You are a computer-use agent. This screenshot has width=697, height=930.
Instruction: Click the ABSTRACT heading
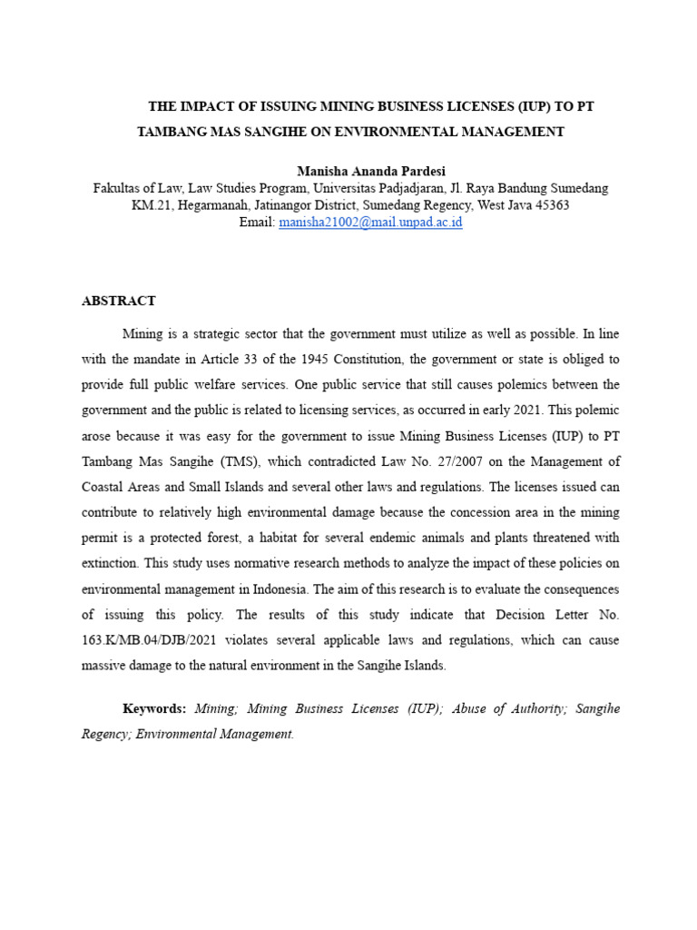point(119,301)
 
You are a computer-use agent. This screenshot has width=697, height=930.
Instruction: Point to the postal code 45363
point(551,205)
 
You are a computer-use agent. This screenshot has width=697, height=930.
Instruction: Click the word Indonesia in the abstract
point(347,589)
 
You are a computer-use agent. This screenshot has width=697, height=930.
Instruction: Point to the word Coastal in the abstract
point(106,486)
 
